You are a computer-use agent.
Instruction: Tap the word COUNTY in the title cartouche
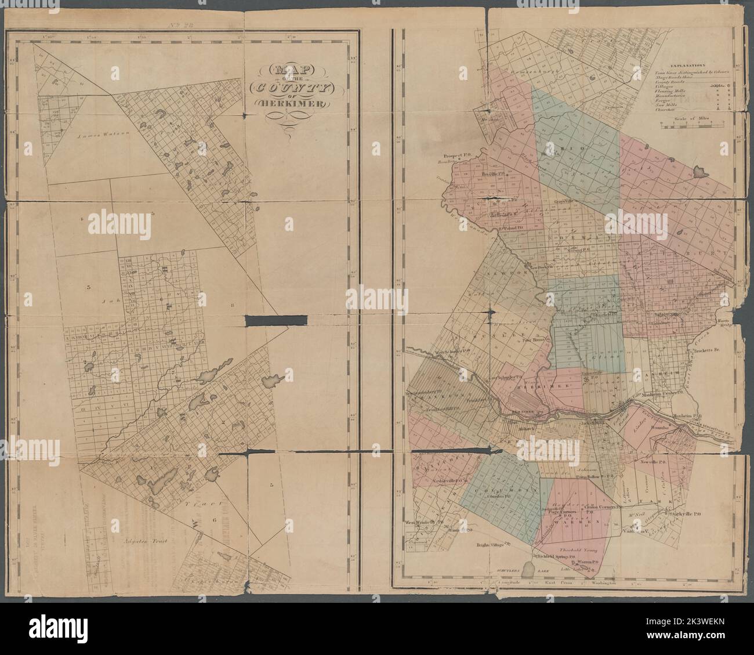288,88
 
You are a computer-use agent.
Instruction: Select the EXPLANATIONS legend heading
686,67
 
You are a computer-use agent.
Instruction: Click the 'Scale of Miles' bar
691,124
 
